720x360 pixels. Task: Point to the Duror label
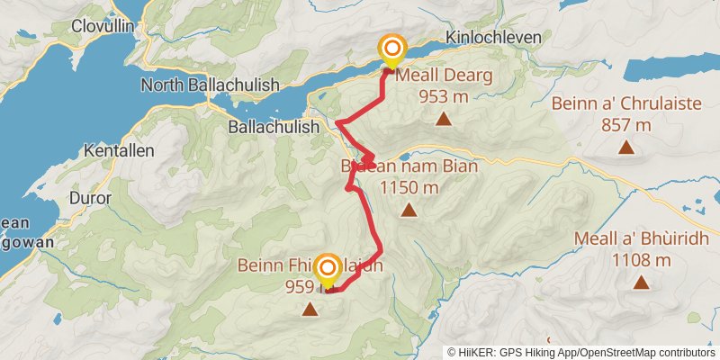point(89,197)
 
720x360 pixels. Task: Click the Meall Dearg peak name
point(444,76)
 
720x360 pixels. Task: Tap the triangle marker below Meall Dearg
point(443,119)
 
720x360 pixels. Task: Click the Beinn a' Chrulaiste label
point(627,103)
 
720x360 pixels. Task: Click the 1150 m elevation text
point(409,188)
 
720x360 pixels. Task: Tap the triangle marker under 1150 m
point(409,211)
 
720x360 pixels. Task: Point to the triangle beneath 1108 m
point(641,283)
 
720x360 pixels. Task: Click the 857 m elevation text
point(627,125)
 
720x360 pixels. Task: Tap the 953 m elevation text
point(444,97)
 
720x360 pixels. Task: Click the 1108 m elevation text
point(641,261)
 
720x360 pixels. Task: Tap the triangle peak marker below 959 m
point(310,310)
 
